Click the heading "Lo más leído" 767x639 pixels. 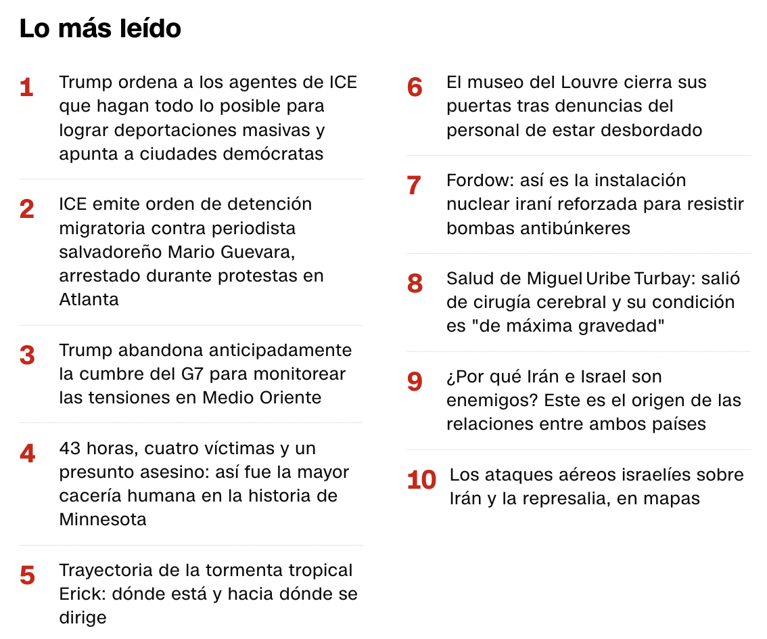point(100,28)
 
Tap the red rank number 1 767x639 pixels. point(26,88)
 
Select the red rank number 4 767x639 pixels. point(27,454)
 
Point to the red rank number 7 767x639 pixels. point(414,185)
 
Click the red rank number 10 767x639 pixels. point(421,480)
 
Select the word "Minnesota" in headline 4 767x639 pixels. point(103,520)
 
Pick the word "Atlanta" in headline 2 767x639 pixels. point(89,300)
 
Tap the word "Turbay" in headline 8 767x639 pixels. point(661,279)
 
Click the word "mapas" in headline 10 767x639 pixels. point(672,500)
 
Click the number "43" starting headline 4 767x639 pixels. point(70,449)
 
